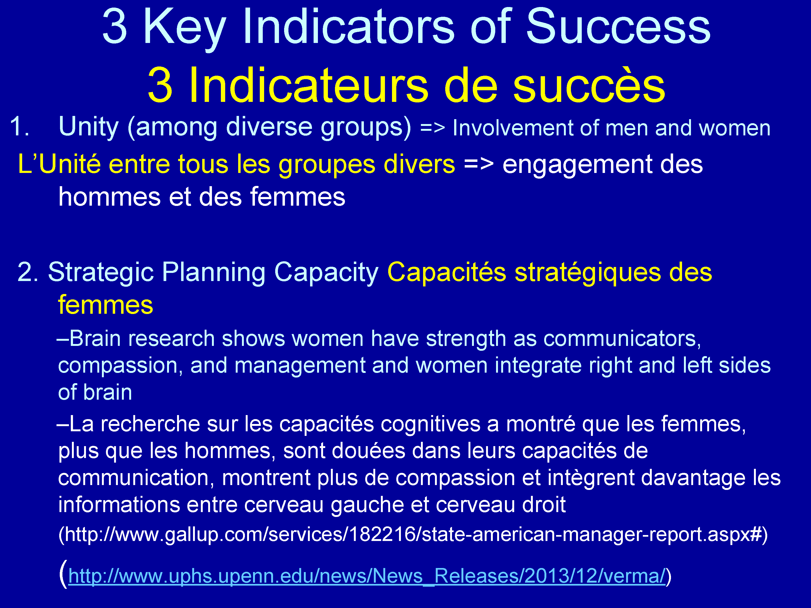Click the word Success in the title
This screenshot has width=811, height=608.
pos(618,27)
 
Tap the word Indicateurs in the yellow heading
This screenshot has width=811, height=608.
pos(308,85)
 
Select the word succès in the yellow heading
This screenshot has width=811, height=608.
pos(589,85)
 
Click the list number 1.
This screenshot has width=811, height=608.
pos(19,126)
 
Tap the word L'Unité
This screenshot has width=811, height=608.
pos(59,164)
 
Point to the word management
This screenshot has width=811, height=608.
pos(300,366)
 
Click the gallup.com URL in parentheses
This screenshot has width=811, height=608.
pos(413,534)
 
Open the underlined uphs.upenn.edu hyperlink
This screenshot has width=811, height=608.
pos(367,576)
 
